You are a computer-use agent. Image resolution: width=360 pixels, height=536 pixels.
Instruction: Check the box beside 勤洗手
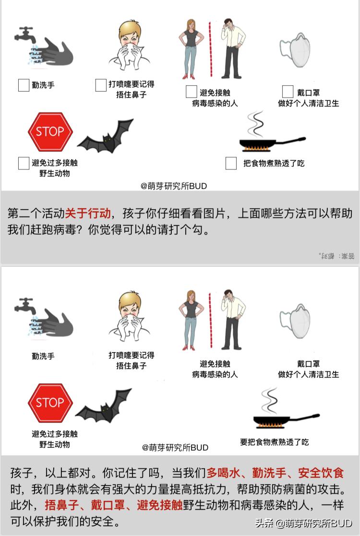pyautogui.click(x=24, y=85)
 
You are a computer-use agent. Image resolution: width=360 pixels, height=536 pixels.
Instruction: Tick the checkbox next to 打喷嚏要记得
pyautogui.click(x=101, y=85)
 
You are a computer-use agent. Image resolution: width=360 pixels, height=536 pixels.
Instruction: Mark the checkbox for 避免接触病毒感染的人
pyautogui.click(x=192, y=92)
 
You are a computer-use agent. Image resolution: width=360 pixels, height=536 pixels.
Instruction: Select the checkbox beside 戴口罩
pyautogui.click(x=288, y=92)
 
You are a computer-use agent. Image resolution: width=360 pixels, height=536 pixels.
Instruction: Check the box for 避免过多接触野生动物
pyautogui.click(x=24, y=163)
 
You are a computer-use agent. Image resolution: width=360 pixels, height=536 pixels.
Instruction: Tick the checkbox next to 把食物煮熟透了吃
pyautogui.click(x=231, y=163)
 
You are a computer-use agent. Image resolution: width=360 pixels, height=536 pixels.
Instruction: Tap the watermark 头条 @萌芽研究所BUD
pyautogui.click(x=303, y=523)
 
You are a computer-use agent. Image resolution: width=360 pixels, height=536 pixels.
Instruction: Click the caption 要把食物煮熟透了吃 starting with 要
pyautogui.click(x=275, y=442)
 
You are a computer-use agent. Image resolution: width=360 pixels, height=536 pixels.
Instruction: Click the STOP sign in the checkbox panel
pyautogui.click(x=50, y=131)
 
